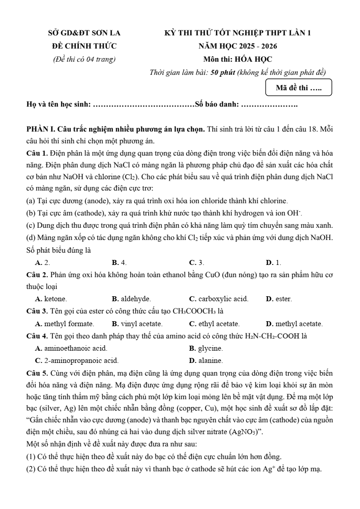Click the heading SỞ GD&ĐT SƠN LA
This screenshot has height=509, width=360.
(84, 33)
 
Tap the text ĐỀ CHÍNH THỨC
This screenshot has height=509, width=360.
(84, 46)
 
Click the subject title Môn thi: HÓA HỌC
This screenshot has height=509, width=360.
(238, 59)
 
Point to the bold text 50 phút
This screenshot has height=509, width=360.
(223, 73)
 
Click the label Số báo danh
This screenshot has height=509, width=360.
(217, 105)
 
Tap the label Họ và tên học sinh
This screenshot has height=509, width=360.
(58, 105)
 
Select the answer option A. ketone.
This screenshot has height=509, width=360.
(51, 299)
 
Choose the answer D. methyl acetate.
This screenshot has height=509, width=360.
(294, 324)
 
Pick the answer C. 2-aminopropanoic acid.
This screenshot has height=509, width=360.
(77, 361)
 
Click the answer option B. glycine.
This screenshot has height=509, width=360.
(206, 348)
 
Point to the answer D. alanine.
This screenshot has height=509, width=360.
(206, 361)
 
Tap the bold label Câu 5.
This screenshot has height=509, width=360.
(37, 373)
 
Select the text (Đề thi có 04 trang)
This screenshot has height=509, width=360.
(84, 59)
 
